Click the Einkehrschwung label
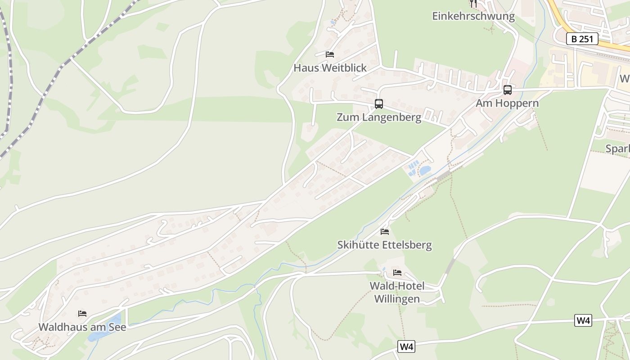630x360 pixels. [473, 17]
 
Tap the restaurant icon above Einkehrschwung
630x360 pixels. [473, 4]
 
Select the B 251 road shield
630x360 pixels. [582, 39]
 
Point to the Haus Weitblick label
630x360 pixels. [330, 68]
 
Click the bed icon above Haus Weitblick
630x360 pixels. [330, 54]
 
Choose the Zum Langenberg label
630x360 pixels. [379, 117]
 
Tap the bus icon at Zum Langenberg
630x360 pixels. [379, 104]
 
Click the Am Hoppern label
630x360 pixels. [507, 103]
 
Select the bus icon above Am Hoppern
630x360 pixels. [508, 90]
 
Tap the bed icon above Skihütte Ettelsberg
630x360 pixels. [385, 232]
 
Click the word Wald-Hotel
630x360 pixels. [397, 286]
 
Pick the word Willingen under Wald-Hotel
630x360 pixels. [397, 299]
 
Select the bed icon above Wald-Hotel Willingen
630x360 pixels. [397, 273]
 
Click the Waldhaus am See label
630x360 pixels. [82, 327]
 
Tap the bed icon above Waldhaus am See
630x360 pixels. [82, 314]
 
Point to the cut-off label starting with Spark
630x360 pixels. [617, 149]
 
